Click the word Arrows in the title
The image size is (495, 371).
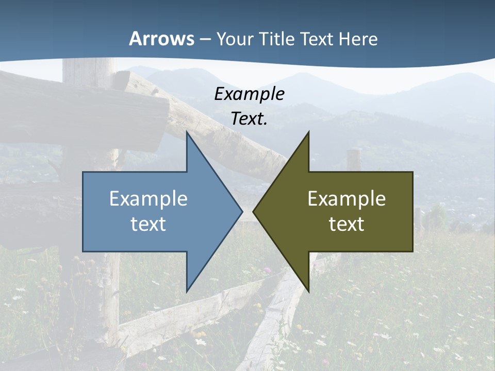[x=161, y=39]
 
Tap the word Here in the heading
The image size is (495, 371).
[x=358, y=39]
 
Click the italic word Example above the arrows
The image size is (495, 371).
[x=249, y=94]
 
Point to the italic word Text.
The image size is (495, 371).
[x=249, y=119]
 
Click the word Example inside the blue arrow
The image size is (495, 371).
[x=148, y=199]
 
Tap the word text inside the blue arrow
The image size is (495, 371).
[x=148, y=224]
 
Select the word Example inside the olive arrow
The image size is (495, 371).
[x=346, y=199]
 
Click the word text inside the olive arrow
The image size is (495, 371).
[x=346, y=224]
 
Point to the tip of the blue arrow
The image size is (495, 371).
[x=242, y=211]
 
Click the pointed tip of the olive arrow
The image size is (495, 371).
[x=253, y=211]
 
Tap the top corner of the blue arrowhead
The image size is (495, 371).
[x=187, y=132]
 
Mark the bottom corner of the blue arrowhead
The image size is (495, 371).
[x=187, y=292]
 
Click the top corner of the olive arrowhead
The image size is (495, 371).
[x=308, y=132]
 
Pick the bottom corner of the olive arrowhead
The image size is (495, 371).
[x=308, y=292]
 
